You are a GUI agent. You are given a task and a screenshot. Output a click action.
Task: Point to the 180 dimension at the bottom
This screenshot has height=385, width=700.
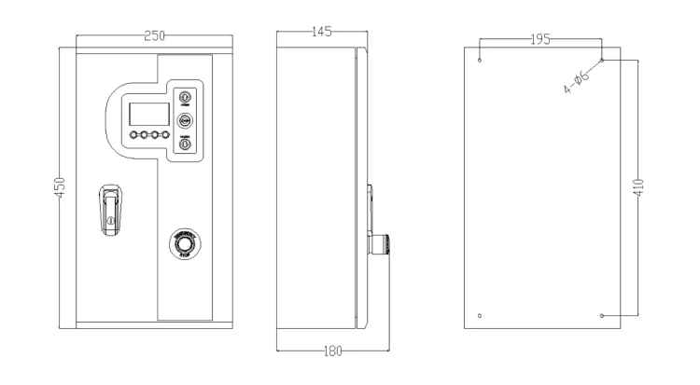(x=333, y=351)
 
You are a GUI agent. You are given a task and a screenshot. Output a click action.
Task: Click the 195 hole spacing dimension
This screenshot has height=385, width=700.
(x=539, y=39)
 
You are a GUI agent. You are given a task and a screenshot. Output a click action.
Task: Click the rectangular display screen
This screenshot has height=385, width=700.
(x=147, y=115)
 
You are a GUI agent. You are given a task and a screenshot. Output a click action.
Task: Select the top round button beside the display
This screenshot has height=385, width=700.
(x=185, y=97)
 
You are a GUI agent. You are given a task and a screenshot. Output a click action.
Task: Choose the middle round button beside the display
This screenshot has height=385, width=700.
(x=185, y=120)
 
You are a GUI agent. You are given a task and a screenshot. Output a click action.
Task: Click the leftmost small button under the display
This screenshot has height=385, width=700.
(x=134, y=136)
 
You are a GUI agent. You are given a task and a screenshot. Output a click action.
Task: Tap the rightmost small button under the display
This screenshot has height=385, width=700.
(x=165, y=136)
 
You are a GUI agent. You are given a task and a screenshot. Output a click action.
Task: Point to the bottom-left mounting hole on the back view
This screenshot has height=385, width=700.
(x=479, y=315)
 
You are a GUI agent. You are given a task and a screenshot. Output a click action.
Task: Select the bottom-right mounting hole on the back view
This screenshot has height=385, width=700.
(x=602, y=315)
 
